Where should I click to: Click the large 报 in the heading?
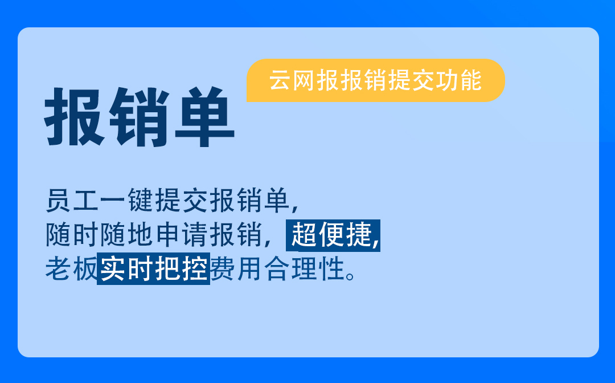tap(75, 116)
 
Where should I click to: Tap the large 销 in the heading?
tap(140, 117)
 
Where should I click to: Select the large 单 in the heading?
tap(204, 116)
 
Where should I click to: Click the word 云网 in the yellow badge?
tap(292, 80)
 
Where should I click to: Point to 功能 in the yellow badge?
tap(460, 80)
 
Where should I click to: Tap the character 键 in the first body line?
tap(140, 201)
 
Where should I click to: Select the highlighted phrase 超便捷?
tap(331, 235)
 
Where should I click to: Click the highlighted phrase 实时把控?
tap(154, 269)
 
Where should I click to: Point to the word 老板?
tap(71, 269)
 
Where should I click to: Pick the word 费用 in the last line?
tap(236, 269)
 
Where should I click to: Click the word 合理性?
tap(304, 269)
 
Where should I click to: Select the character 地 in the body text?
tap(140, 235)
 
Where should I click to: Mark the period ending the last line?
tap(351, 275)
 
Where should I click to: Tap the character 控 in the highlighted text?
tap(195, 269)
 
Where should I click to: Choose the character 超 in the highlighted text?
tap(304, 235)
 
